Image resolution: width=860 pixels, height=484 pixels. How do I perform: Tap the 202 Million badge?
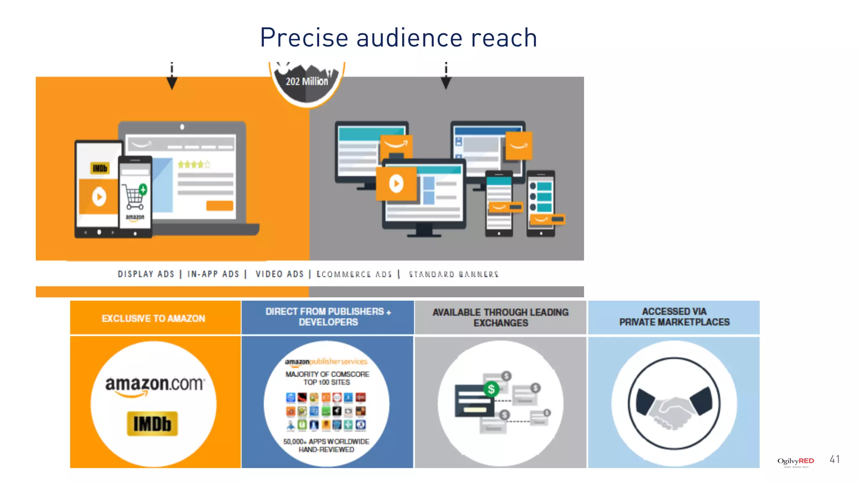tap(307, 82)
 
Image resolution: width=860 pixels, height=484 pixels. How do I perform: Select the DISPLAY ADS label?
tap(146, 274)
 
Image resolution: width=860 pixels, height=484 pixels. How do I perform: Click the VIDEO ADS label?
tap(280, 274)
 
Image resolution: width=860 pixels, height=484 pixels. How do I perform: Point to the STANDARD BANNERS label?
tap(454, 274)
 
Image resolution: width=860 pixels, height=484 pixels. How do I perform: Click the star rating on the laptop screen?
tap(194, 164)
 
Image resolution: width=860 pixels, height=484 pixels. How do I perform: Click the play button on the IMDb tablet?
tap(99, 197)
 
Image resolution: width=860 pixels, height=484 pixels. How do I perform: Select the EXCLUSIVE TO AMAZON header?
tap(154, 318)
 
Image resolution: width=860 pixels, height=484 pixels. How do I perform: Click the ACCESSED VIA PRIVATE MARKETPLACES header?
tap(674, 317)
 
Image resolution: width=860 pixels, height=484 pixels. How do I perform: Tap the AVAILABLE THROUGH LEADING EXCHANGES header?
tap(501, 318)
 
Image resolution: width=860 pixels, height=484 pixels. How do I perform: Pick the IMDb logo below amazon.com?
tap(152, 423)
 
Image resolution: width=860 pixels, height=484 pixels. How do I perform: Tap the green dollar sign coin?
tap(491, 389)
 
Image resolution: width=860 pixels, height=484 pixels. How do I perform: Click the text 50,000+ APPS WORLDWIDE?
tap(326, 442)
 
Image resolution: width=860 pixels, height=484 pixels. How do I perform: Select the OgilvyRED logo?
tap(795, 461)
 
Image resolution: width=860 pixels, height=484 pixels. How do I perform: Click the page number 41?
tap(834, 460)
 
